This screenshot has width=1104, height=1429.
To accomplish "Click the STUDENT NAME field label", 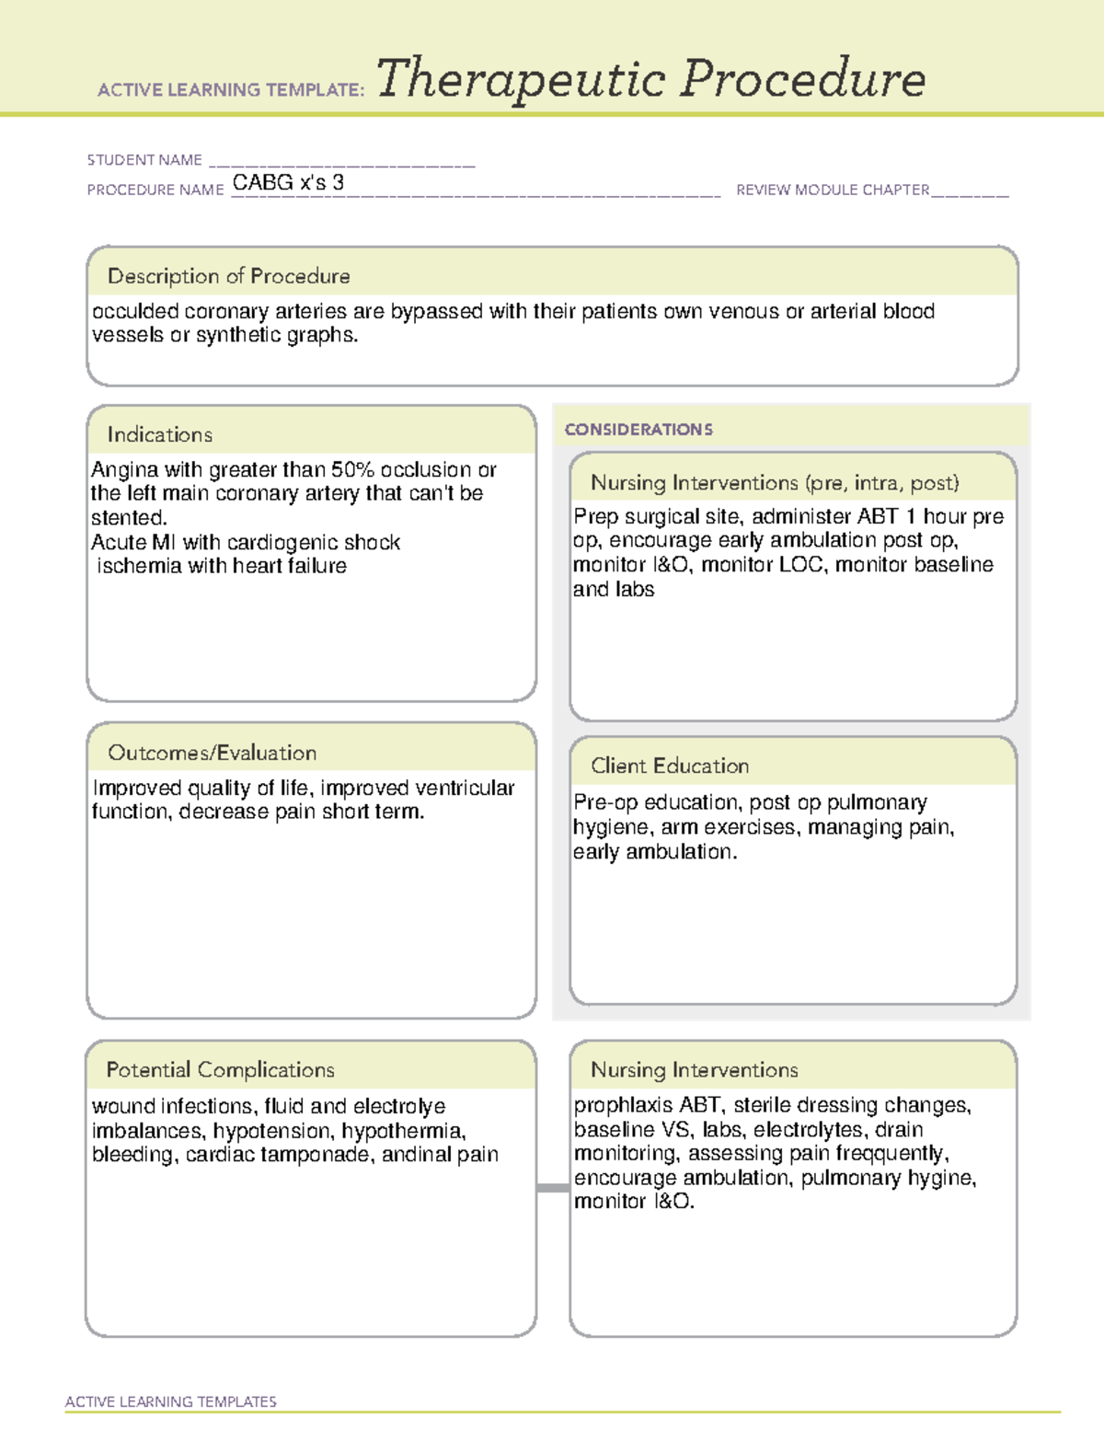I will [x=144, y=160].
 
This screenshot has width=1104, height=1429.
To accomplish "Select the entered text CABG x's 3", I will [x=288, y=182].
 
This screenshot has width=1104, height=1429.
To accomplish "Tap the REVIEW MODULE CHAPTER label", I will [x=833, y=190].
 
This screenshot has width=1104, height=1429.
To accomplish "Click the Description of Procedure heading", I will [x=228, y=276].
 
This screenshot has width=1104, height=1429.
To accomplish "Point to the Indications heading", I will [x=159, y=434].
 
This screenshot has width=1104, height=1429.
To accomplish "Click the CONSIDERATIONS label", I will [x=638, y=430].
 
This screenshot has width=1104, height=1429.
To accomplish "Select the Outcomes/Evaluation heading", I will [x=212, y=753].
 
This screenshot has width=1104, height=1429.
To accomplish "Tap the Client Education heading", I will [x=669, y=766].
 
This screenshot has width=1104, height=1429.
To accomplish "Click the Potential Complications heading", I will [x=220, y=1069].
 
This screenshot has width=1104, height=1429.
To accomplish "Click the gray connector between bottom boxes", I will [x=552, y=1188].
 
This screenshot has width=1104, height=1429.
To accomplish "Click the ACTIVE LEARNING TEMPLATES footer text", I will [x=170, y=1401].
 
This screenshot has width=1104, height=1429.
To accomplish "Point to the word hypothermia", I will [x=402, y=1131].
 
